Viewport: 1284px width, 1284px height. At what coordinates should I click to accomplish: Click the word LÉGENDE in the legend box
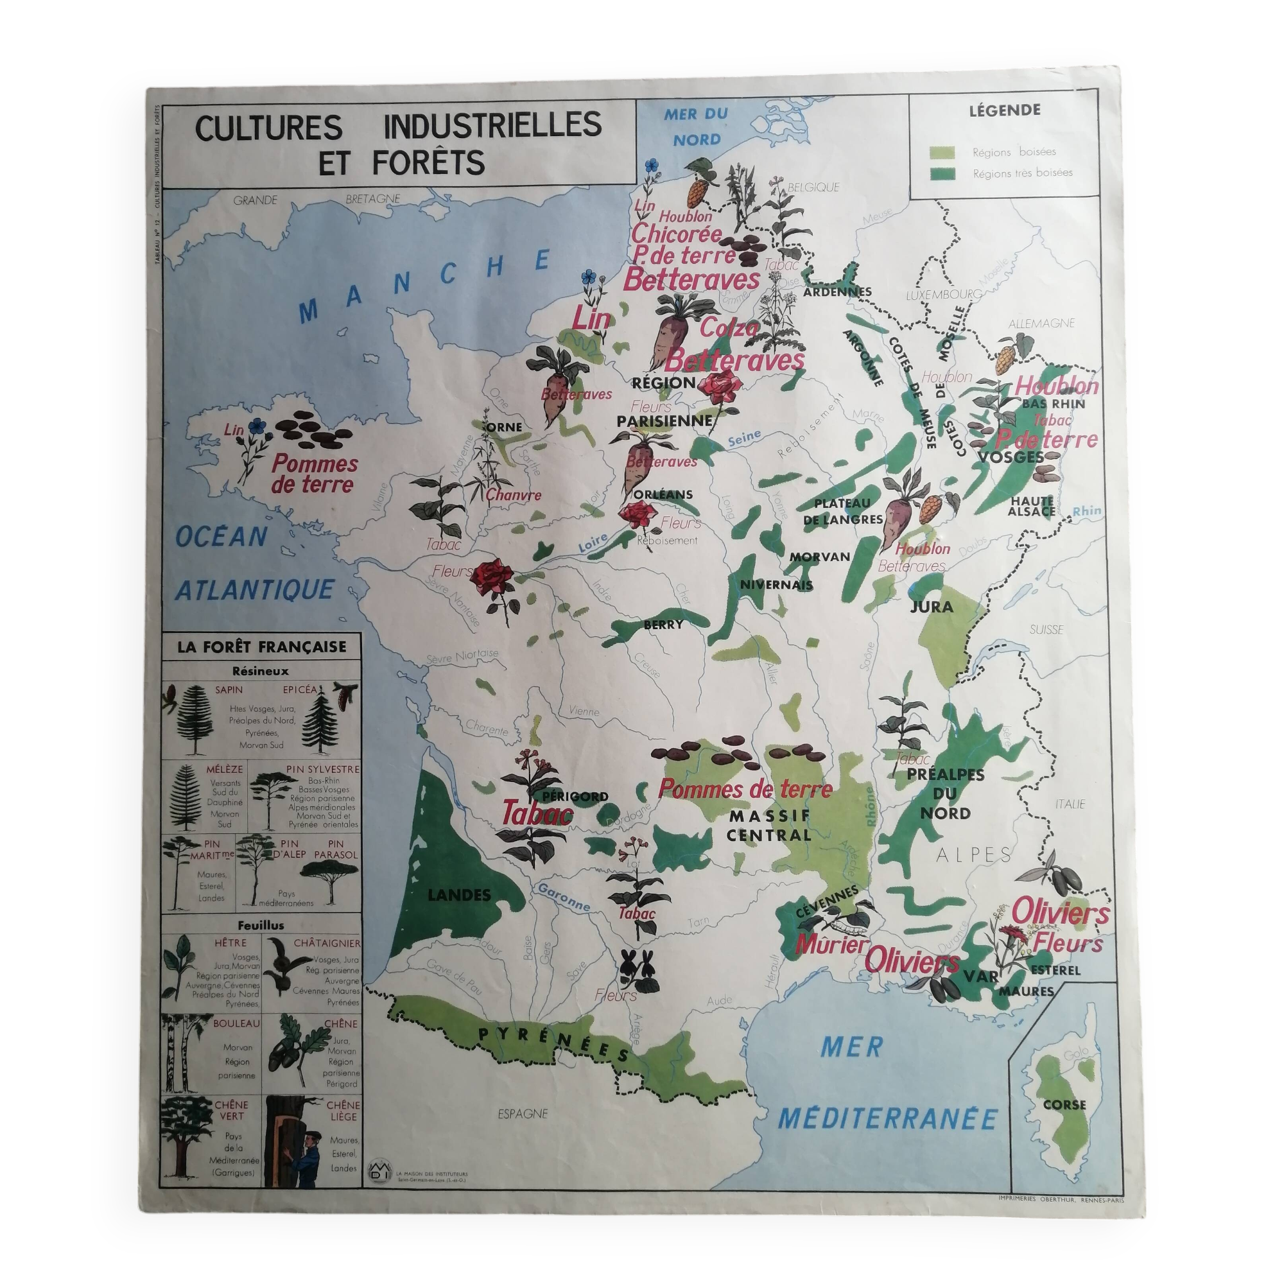1004,111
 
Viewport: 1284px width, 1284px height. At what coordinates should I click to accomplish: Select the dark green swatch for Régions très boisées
942,173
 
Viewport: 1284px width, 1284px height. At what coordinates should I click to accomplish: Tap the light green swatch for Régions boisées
942,152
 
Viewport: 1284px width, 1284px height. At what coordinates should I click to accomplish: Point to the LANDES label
459,895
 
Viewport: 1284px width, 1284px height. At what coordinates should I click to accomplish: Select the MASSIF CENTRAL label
768,825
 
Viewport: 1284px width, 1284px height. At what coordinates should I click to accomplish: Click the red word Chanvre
513,495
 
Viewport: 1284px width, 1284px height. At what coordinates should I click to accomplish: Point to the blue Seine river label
743,439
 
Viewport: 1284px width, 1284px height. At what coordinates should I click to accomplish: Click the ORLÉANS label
663,494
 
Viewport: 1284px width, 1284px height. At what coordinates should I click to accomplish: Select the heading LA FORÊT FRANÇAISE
262,646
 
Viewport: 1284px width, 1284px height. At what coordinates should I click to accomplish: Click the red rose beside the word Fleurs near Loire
492,578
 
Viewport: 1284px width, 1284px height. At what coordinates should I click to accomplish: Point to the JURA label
932,606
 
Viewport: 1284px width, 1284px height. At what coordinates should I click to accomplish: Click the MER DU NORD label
696,126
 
